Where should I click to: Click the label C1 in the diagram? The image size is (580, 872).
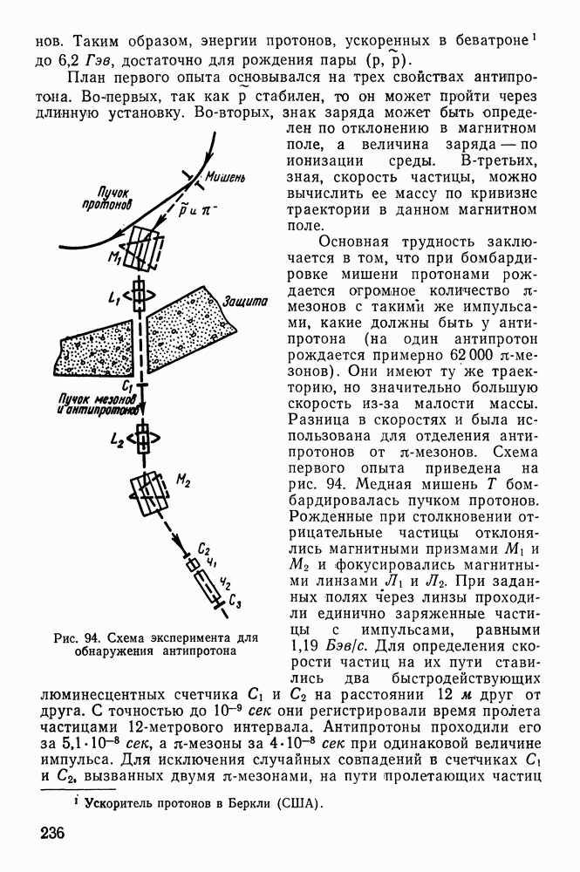[x=127, y=385]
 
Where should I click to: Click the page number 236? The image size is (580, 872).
[x=53, y=832]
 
